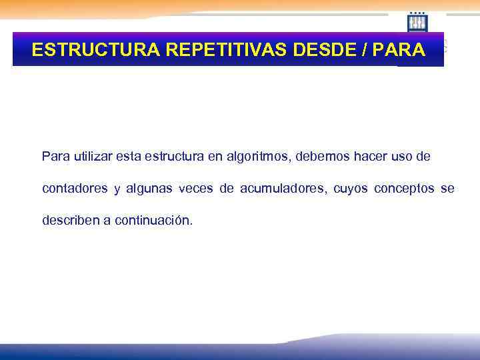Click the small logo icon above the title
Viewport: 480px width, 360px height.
417,22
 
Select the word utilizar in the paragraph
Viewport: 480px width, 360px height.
92,157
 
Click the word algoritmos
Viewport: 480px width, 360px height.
257,157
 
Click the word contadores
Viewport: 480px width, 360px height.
75,189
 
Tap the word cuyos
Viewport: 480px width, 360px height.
349,189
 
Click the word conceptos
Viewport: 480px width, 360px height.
404,189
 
